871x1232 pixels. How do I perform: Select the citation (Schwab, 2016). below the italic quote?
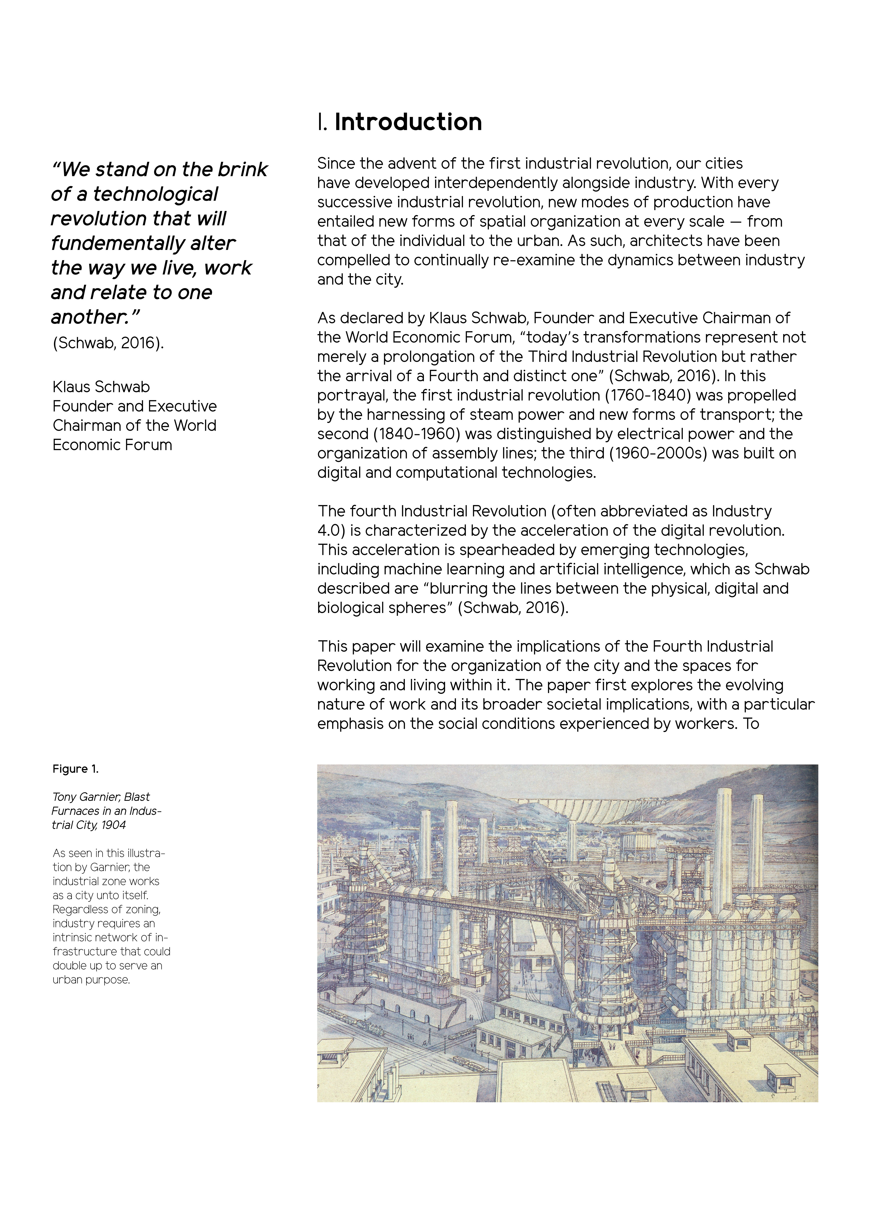coord(108,343)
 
